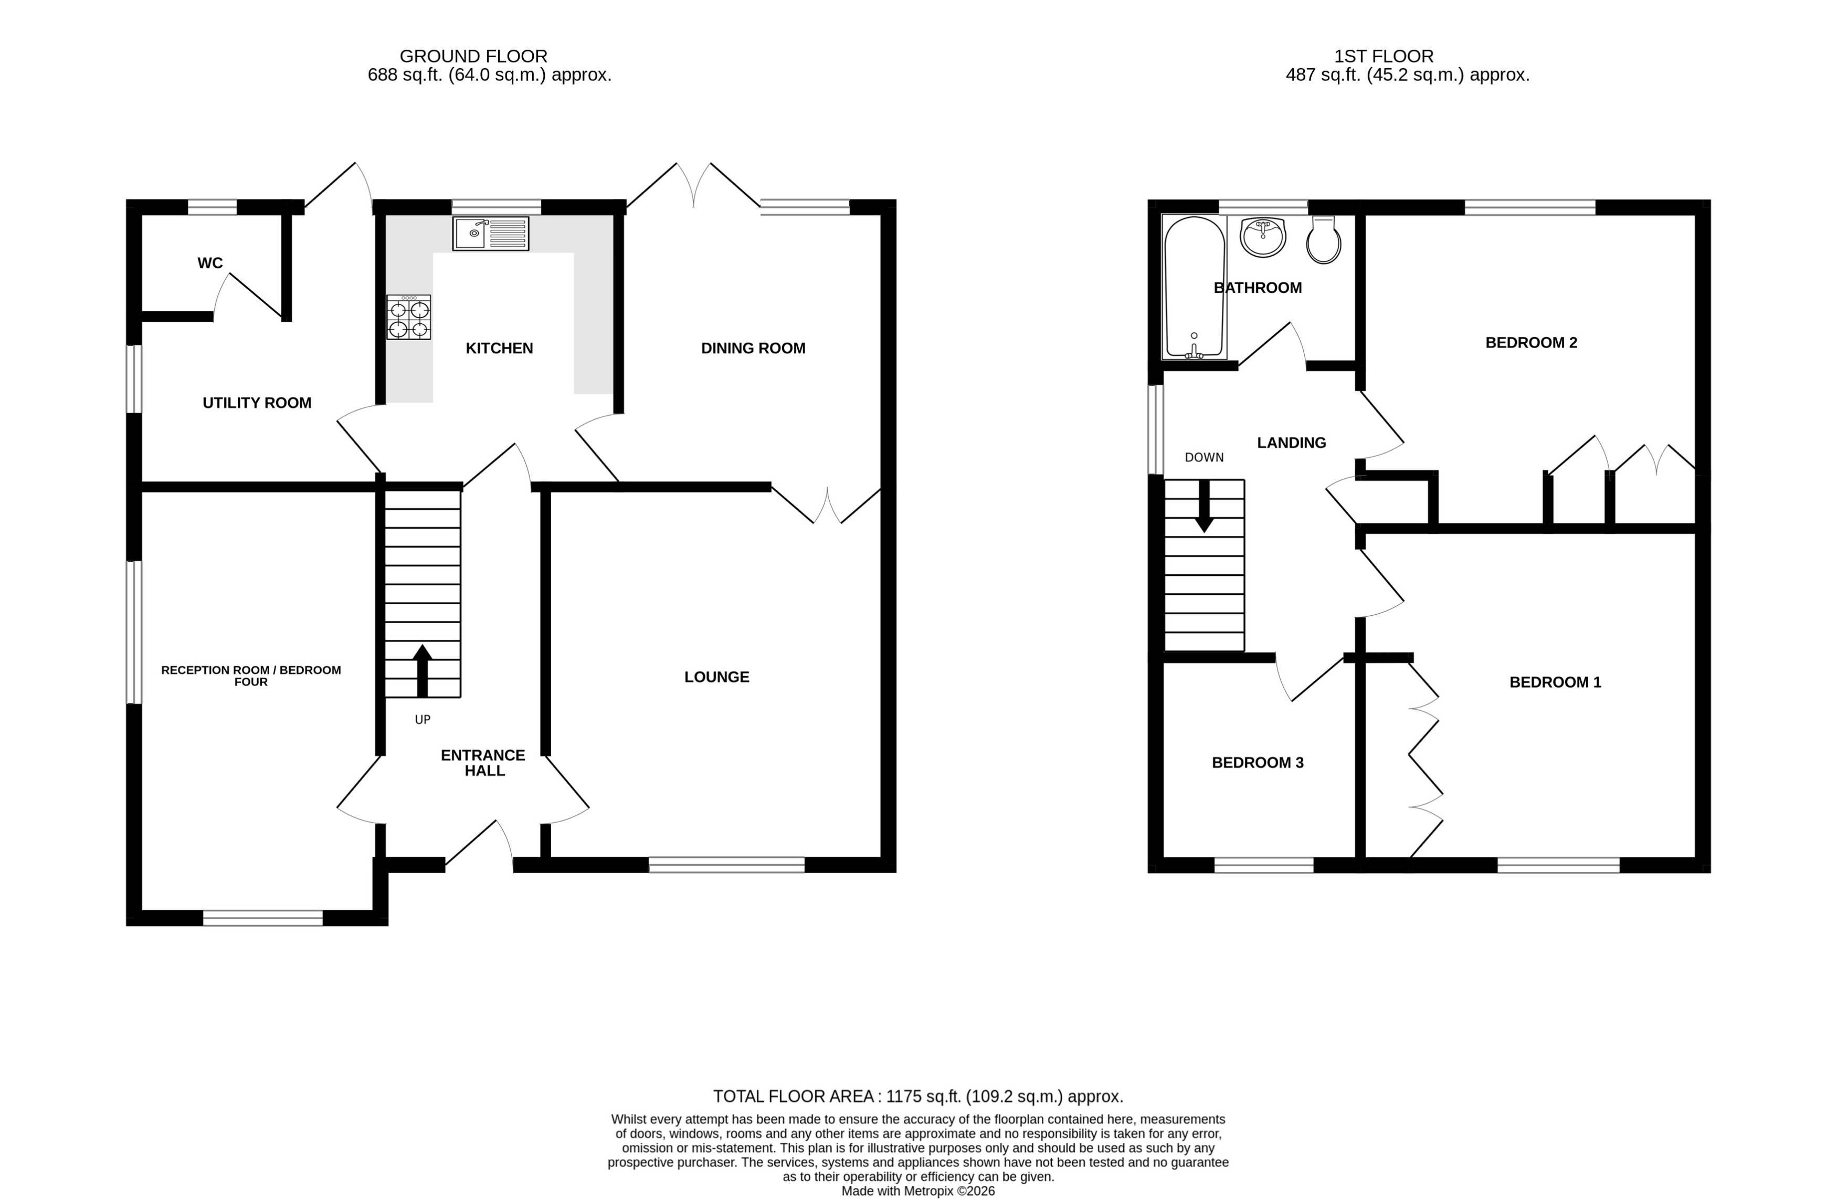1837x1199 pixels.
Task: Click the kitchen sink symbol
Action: click(x=490, y=233)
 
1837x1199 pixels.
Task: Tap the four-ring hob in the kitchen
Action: click(x=408, y=317)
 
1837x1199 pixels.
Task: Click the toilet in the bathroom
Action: click(x=1323, y=240)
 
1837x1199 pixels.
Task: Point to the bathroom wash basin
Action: click(x=1263, y=236)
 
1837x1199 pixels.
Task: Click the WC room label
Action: click(x=210, y=264)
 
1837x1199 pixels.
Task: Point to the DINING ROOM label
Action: click(x=753, y=348)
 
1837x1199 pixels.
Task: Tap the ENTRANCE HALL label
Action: click(x=483, y=763)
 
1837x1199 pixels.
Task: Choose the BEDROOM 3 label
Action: click(x=1258, y=763)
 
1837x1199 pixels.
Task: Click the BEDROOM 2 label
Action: click(x=1530, y=343)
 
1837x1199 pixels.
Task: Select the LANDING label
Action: click(x=1291, y=443)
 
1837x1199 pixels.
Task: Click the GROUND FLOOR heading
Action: click(x=473, y=56)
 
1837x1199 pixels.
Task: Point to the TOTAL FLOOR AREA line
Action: click(x=918, y=1096)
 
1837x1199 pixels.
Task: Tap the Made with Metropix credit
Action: click(x=918, y=1191)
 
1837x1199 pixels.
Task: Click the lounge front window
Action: click(x=726, y=865)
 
